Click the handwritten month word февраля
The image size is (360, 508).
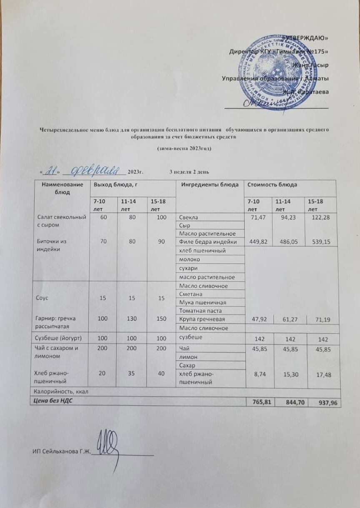tap(97, 171)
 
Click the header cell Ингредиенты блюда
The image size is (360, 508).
tap(210, 184)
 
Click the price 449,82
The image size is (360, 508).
tap(257, 242)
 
